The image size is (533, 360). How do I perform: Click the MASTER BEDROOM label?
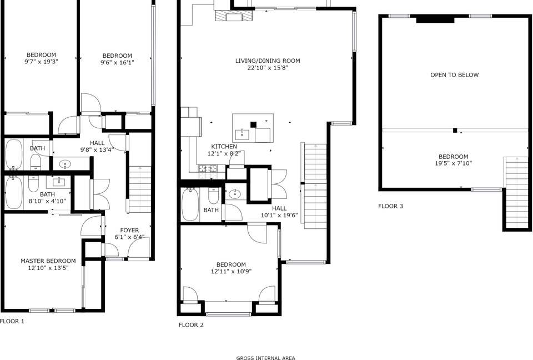tap(48, 261)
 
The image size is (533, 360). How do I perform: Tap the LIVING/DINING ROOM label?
tap(268, 61)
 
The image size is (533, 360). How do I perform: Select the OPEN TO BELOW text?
tap(455, 75)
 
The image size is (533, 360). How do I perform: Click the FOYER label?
tap(129, 231)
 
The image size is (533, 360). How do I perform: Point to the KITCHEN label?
tap(224, 147)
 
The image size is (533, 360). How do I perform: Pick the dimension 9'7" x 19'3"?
tap(42, 62)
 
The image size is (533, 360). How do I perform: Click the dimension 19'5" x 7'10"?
tap(454, 163)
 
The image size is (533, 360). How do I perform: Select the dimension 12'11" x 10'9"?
tap(231, 272)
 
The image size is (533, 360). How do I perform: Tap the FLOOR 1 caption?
tap(12, 321)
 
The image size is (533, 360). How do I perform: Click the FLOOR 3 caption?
tap(390, 206)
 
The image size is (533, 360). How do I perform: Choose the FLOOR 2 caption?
tap(191, 325)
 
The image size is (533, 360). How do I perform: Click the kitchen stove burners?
tap(208, 168)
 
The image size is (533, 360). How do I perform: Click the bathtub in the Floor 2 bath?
tap(188, 205)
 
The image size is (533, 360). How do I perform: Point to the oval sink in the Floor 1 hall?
tap(64, 164)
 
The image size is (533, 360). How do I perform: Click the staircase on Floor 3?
tap(516, 192)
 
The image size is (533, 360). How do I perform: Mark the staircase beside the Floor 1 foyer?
tap(140, 189)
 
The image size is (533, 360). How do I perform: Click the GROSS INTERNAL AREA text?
tap(266, 358)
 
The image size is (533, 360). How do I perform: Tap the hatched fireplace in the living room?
tap(234, 16)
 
